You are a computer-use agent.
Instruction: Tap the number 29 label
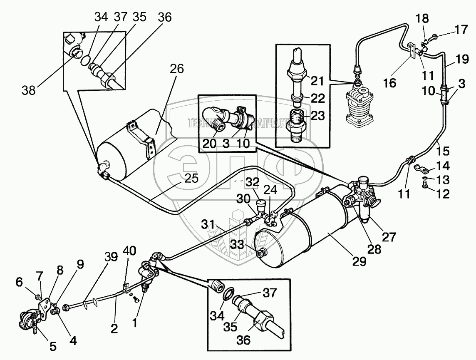360,261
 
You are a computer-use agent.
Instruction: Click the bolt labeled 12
424,187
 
